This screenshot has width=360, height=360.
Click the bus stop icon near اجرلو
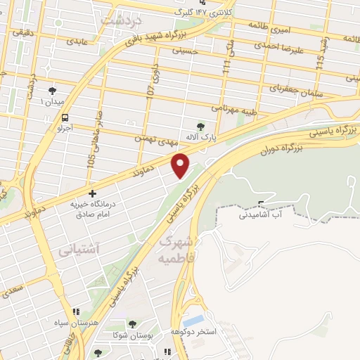65,117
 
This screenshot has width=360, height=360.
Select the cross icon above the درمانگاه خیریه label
92,193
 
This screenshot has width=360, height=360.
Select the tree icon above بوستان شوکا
132,324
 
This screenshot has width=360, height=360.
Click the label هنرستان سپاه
76,322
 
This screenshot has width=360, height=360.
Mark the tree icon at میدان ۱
52,91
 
